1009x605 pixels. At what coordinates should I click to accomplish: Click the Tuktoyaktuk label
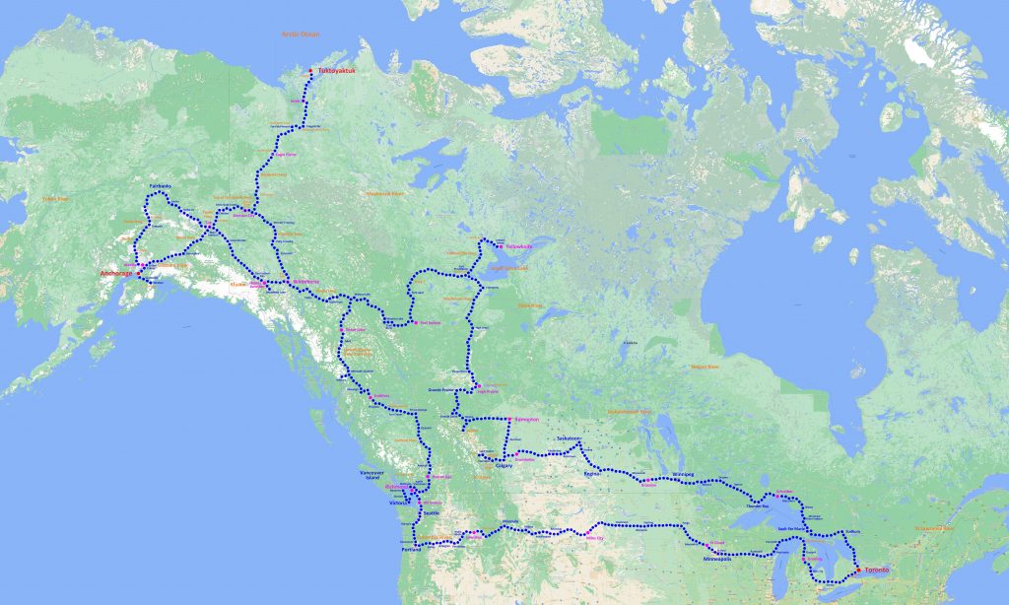point(335,72)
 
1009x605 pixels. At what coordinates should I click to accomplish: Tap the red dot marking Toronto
point(858,571)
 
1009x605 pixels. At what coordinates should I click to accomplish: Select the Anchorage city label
point(115,273)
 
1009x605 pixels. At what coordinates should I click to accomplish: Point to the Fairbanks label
point(161,185)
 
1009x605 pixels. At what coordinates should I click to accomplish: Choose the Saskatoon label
point(570,437)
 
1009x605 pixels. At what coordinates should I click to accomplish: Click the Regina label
point(592,474)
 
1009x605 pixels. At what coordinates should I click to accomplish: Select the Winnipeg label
point(683,474)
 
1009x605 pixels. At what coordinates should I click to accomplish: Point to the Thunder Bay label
point(757,506)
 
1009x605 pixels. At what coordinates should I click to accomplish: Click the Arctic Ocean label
point(302,34)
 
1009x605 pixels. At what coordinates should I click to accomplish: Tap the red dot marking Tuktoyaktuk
point(311,71)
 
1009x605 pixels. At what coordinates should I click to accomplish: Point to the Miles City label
point(595,538)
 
